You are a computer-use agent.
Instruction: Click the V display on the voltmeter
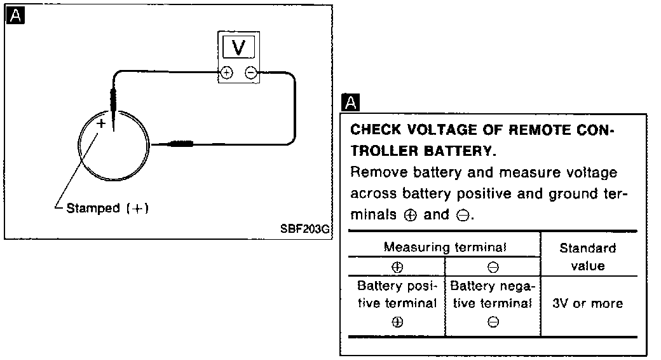239,46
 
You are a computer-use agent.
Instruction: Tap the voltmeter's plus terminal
226,73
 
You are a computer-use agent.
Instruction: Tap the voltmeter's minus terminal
251,73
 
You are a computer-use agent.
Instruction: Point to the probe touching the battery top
113,105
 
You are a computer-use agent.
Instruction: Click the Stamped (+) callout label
107,209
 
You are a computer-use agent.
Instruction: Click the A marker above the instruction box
350,102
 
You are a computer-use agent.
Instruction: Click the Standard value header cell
588,256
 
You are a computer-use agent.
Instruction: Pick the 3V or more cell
588,304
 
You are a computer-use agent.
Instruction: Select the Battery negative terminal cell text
493,295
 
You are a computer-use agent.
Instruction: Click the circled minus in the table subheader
493,267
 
